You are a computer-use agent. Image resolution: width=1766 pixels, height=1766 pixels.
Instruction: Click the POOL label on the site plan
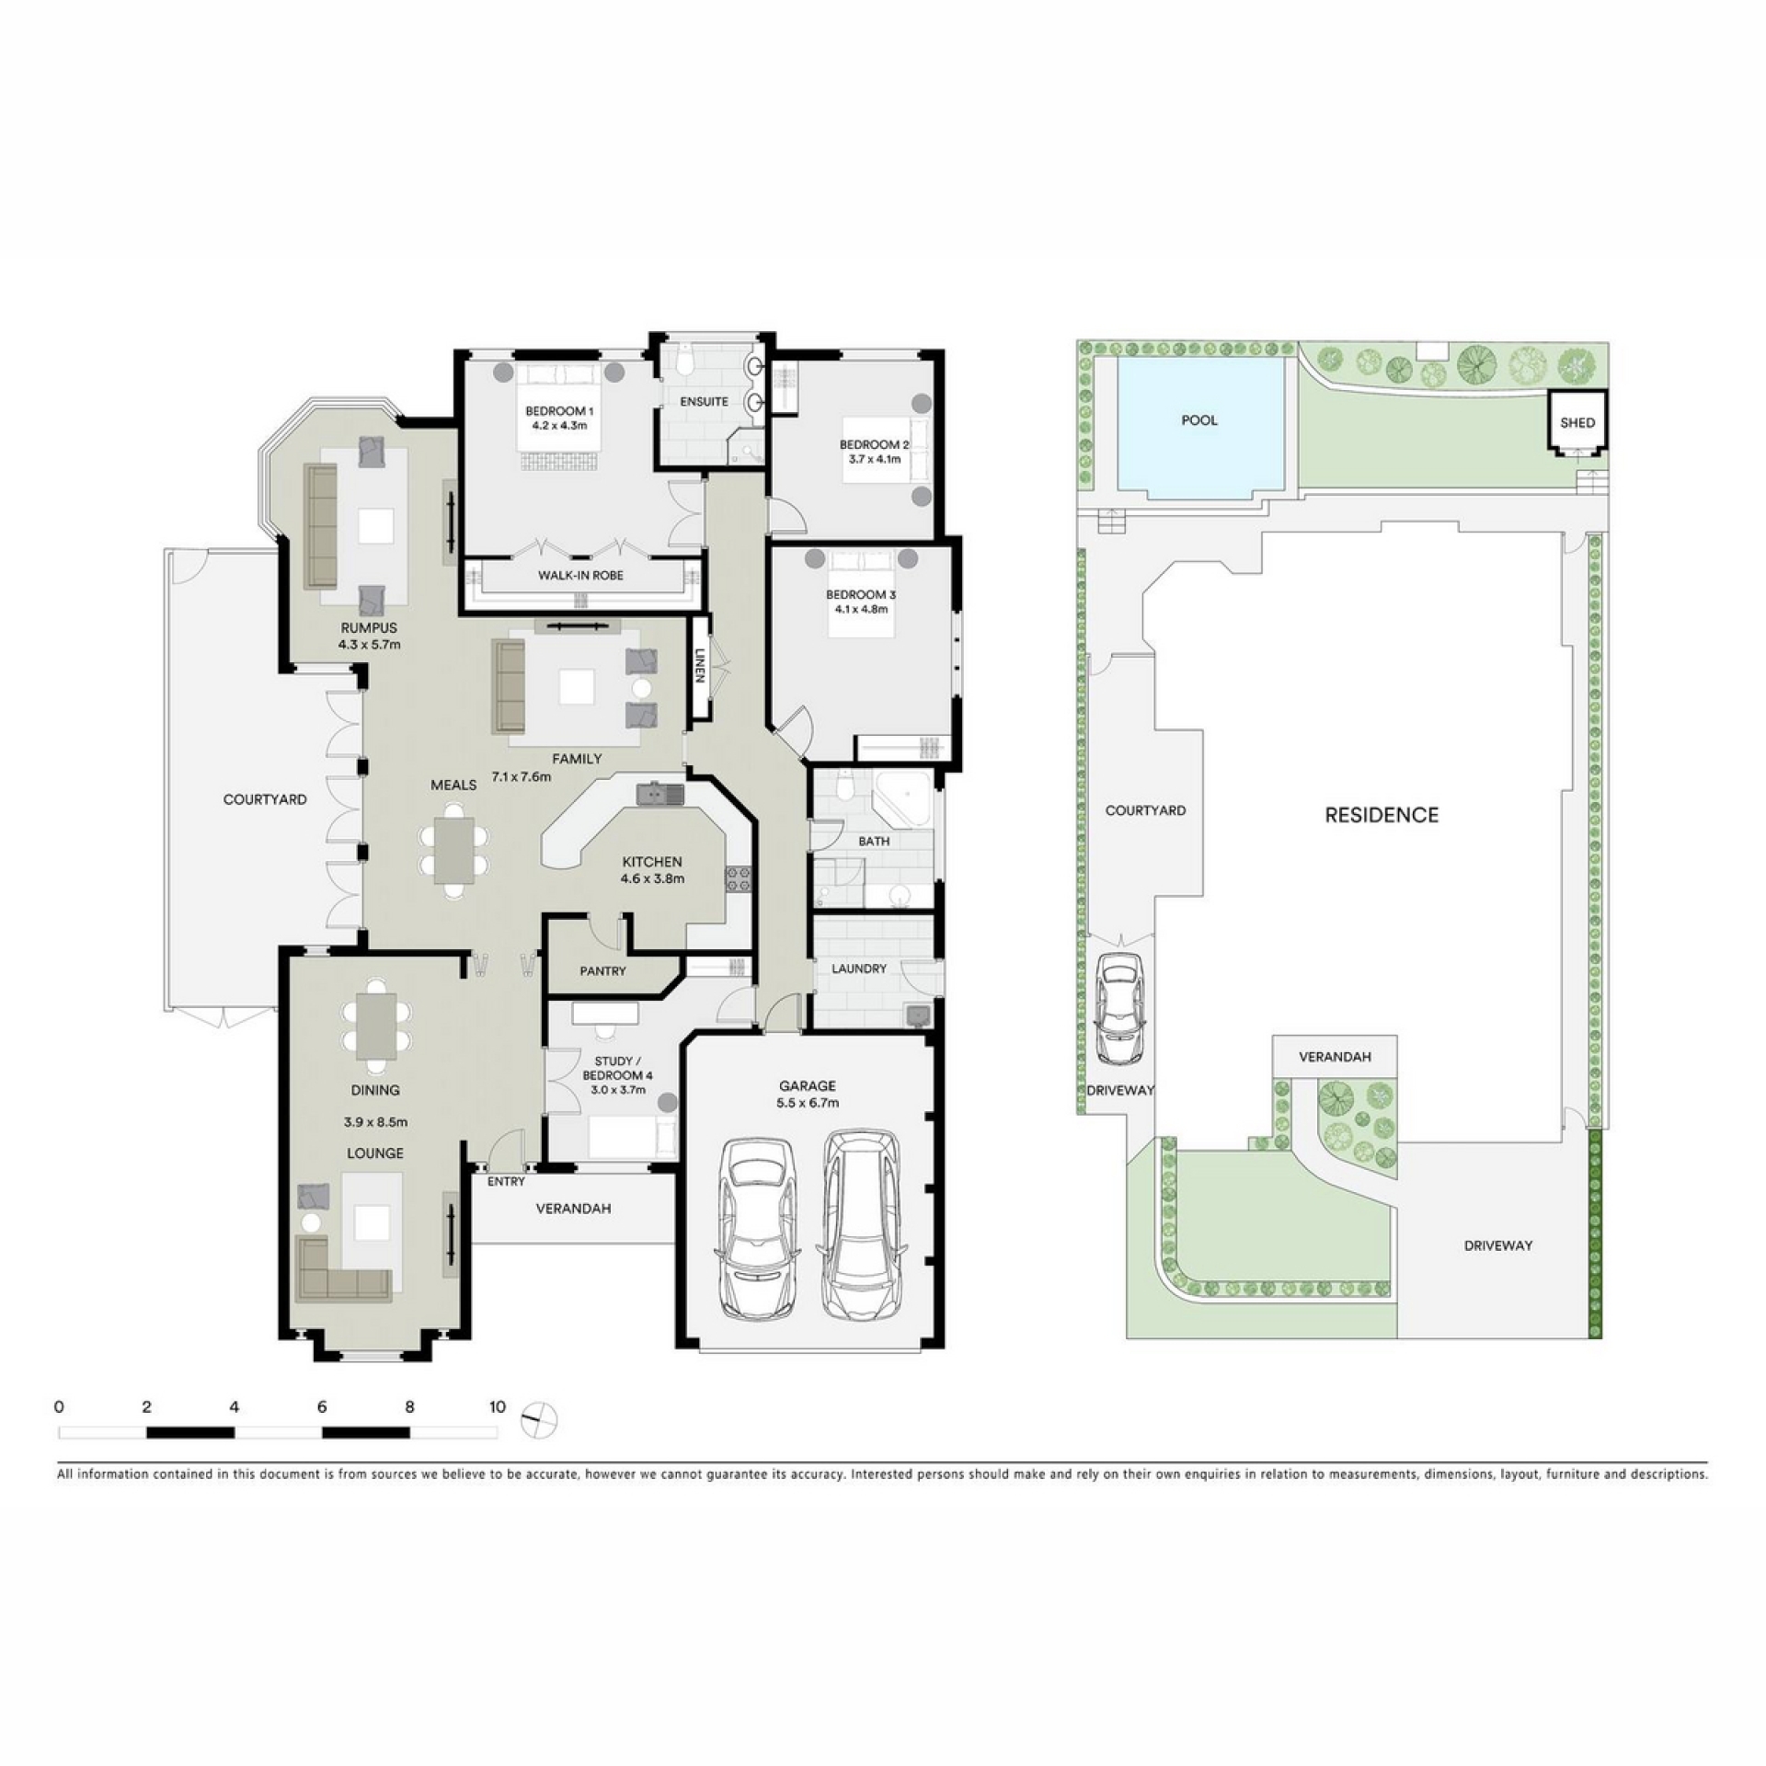click(x=1199, y=420)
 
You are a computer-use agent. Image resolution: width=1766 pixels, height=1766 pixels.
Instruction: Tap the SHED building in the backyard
click(x=1577, y=422)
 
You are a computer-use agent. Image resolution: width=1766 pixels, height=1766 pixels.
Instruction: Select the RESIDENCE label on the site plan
click(x=1382, y=815)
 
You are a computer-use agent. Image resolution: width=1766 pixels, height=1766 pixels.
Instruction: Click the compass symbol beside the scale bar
click(x=539, y=1418)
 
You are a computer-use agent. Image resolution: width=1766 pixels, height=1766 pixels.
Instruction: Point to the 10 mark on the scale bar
click(x=498, y=1406)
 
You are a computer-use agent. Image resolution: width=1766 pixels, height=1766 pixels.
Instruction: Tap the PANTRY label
click(x=603, y=971)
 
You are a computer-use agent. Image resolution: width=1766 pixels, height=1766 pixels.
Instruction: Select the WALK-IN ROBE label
click(x=580, y=576)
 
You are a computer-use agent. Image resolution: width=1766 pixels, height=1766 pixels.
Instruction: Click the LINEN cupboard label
click(x=701, y=666)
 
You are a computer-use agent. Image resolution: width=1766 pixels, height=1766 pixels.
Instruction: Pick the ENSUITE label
click(x=705, y=402)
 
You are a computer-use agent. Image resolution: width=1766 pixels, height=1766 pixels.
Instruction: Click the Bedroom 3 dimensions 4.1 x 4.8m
click(x=861, y=609)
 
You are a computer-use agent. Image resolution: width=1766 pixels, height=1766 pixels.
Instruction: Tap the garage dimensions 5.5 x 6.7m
click(x=808, y=1103)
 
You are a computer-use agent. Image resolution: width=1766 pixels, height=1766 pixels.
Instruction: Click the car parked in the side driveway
click(x=1118, y=1007)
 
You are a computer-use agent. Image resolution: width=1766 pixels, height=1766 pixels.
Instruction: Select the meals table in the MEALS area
click(x=454, y=850)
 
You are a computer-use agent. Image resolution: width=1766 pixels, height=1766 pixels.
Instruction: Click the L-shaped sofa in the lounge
click(x=343, y=1269)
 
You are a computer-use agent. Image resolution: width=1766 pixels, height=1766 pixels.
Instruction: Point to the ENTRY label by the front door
click(x=506, y=1182)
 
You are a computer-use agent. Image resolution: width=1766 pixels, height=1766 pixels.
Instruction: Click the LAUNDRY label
click(x=859, y=969)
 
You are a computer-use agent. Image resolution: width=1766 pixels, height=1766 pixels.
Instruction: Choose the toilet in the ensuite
click(x=684, y=360)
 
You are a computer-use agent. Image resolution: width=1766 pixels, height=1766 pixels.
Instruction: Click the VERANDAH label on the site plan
click(x=1335, y=1057)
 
